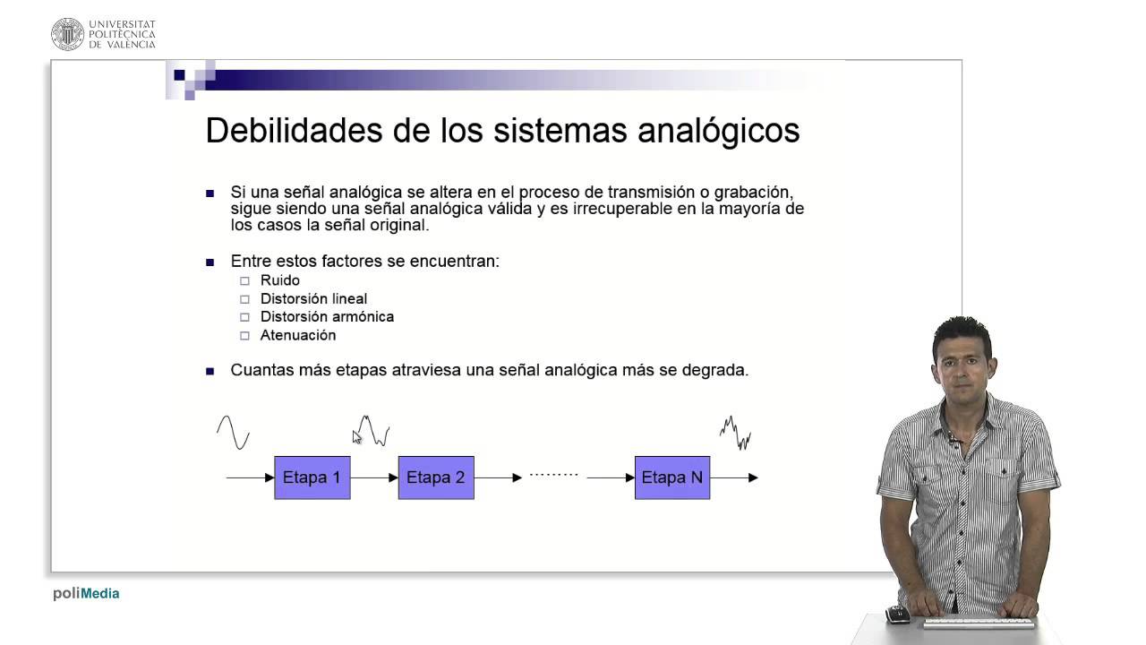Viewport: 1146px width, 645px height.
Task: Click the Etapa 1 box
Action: pos(312,477)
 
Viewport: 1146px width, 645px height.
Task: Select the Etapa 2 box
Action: pos(436,477)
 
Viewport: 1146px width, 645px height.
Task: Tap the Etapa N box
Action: pos(672,477)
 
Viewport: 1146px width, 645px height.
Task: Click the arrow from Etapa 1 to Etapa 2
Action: pos(374,477)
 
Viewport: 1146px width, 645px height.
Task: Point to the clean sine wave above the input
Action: pos(233,432)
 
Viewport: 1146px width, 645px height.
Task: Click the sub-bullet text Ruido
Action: pos(279,280)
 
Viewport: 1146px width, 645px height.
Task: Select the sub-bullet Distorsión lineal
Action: pos(313,298)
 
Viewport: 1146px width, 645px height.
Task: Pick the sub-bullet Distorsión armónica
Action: pos(327,316)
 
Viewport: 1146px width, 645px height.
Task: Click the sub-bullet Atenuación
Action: pos(298,335)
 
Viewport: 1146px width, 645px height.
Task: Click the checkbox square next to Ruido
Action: pos(244,280)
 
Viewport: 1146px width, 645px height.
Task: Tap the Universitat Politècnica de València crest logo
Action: pos(67,33)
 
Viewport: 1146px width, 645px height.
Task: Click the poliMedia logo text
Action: pos(86,593)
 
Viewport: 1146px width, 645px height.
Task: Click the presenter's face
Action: pos(962,362)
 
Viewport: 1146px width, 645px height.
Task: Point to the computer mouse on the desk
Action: pos(897,615)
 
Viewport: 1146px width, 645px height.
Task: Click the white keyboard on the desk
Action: pos(978,621)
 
